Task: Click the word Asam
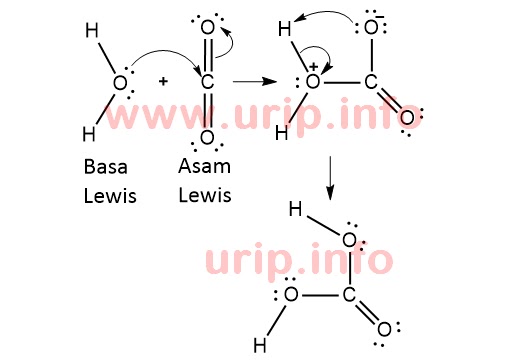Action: click(x=204, y=166)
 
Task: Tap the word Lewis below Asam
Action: click(x=205, y=194)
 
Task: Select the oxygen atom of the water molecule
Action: click(x=120, y=83)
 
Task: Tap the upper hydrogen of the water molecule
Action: click(x=91, y=32)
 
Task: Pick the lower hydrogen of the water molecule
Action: click(x=89, y=133)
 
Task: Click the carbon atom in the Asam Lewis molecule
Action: click(x=207, y=82)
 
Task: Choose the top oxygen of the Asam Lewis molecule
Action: click(x=207, y=28)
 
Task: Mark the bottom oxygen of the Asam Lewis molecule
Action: click(x=207, y=136)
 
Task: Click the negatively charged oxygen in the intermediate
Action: click(x=371, y=26)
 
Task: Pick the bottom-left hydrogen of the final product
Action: click(x=259, y=346)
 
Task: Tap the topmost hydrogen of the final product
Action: click(x=295, y=209)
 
